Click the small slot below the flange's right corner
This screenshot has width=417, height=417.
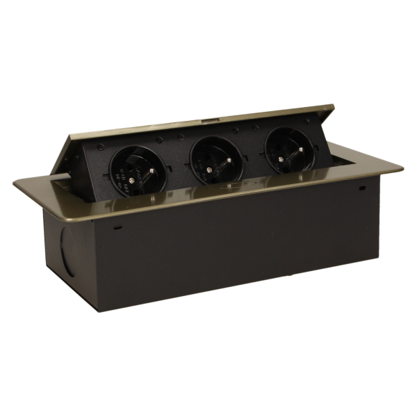click(x=362, y=188)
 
